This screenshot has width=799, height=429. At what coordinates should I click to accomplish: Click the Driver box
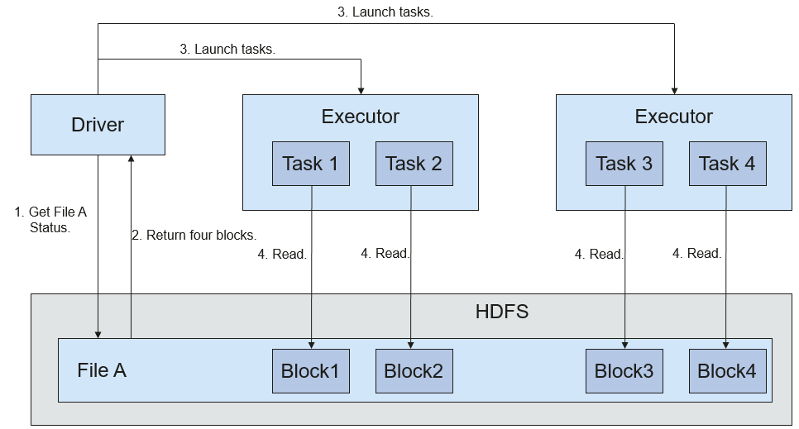click(98, 125)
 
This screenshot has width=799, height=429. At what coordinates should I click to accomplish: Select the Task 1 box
click(311, 164)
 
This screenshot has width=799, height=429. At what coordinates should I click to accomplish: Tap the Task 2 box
click(414, 164)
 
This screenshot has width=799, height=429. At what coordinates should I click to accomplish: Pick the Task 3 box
click(624, 164)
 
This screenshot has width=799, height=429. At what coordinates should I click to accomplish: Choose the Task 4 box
click(728, 164)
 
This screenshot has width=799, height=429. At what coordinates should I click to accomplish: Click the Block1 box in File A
click(311, 371)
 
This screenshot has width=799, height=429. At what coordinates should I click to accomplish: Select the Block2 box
click(414, 371)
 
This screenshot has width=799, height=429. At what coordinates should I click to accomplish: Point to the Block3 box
click(624, 371)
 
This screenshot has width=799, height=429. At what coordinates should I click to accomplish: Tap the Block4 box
click(728, 371)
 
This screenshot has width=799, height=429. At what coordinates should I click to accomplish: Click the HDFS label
click(502, 312)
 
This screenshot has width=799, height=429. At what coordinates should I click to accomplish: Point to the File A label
click(102, 370)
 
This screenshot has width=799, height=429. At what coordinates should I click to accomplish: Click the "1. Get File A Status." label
click(50, 220)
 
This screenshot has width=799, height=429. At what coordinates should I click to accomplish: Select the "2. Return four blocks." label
click(194, 235)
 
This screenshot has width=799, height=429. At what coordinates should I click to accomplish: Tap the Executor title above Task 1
click(361, 117)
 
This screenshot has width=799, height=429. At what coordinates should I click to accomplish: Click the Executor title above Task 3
click(673, 117)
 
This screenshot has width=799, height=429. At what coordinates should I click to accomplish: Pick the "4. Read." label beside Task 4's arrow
click(697, 253)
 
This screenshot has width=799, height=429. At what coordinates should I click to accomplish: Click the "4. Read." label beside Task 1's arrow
click(282, 254)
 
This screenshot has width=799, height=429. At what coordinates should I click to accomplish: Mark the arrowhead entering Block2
click(411, 346)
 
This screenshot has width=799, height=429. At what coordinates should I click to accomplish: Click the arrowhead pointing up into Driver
click(131, 159)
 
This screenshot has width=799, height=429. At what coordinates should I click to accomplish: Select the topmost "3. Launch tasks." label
click(385, 12)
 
